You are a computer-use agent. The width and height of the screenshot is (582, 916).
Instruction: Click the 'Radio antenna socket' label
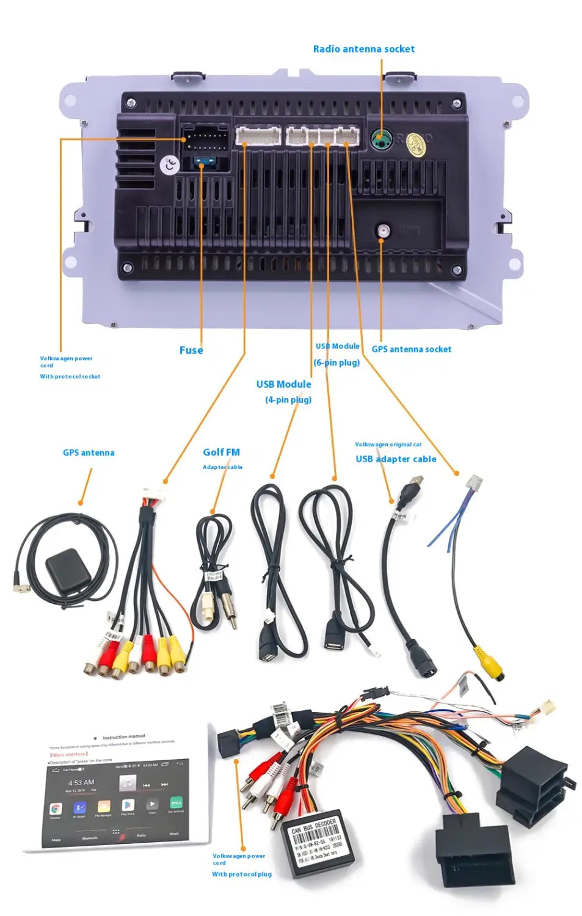363,49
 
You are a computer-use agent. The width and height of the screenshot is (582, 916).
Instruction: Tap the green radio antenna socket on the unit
381,140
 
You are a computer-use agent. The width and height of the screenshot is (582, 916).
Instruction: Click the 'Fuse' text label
191,350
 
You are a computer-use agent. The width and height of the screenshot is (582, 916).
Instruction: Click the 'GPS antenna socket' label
411,349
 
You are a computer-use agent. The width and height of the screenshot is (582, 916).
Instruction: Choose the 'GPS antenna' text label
89,453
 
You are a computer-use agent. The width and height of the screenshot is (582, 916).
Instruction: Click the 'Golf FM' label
221,452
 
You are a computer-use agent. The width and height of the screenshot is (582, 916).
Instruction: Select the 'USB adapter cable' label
396,459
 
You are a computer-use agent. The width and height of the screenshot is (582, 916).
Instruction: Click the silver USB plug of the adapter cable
414,485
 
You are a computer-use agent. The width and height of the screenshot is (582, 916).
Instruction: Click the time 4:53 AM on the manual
81,782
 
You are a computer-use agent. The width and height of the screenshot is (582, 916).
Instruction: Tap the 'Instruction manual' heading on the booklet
123,737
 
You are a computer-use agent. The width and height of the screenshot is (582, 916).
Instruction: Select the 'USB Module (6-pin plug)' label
337,354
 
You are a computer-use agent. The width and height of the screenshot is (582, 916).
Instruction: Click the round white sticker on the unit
169,164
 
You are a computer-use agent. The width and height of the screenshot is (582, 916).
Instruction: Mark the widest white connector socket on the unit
258,135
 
